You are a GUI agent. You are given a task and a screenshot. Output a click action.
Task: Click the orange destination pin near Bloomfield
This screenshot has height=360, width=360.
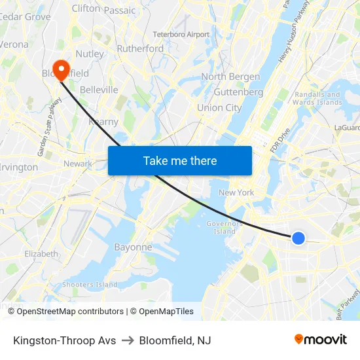61,69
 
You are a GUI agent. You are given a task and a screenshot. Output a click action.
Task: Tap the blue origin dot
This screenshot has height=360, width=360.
298,238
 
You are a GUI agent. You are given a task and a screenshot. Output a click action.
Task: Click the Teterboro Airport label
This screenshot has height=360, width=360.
181,34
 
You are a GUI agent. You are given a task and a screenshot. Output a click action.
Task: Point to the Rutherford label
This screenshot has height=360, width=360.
140,48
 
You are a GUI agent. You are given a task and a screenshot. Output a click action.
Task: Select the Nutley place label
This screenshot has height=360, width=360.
90,54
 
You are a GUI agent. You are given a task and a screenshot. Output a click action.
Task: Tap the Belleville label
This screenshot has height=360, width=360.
99,90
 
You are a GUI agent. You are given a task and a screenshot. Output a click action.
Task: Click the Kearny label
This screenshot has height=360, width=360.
103,122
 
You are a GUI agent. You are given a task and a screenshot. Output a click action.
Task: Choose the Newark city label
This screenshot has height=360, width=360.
77,164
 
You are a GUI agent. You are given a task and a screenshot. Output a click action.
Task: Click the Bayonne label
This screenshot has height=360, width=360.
133,247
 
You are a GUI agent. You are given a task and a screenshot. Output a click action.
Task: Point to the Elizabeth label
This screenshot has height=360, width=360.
41,253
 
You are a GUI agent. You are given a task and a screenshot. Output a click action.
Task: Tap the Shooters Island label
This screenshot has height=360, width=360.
90,285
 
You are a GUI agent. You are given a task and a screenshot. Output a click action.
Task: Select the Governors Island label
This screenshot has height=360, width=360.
225,227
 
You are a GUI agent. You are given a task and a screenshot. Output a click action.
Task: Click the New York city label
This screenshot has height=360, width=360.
236,192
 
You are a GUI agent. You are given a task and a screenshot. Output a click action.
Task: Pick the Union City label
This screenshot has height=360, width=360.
219,108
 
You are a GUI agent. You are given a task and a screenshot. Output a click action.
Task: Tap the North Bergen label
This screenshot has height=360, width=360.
230,77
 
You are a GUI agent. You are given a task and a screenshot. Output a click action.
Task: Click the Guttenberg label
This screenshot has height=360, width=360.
238,92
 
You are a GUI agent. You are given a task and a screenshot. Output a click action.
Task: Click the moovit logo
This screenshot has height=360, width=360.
321,340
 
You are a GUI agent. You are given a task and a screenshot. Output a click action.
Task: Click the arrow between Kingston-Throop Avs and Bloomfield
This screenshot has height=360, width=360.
128,340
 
